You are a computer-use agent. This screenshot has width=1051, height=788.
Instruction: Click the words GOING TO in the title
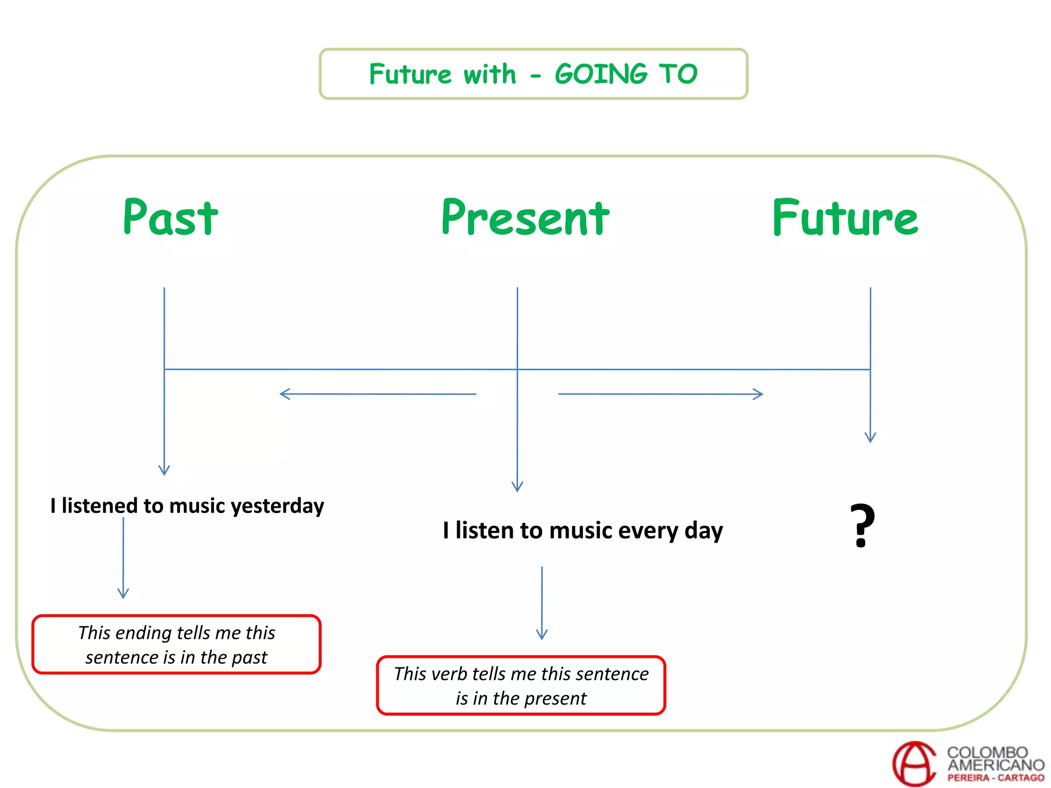coord(626,74)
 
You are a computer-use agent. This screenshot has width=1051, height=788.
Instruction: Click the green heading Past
coord(170,218)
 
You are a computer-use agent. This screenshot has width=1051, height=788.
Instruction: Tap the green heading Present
coord(525,218)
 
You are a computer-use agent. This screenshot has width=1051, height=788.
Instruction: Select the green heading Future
coord(845,218)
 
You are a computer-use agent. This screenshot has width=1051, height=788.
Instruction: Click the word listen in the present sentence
coord(484,530)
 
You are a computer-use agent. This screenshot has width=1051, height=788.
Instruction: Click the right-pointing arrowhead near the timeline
coord(759,394)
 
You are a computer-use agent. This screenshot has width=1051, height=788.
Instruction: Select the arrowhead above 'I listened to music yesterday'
coord(164,471)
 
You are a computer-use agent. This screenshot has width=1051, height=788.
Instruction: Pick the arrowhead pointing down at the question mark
coord(870,438)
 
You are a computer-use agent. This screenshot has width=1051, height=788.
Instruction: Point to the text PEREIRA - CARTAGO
coord(996,778)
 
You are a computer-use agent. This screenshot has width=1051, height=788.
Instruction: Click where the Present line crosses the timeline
coord(517,369)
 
